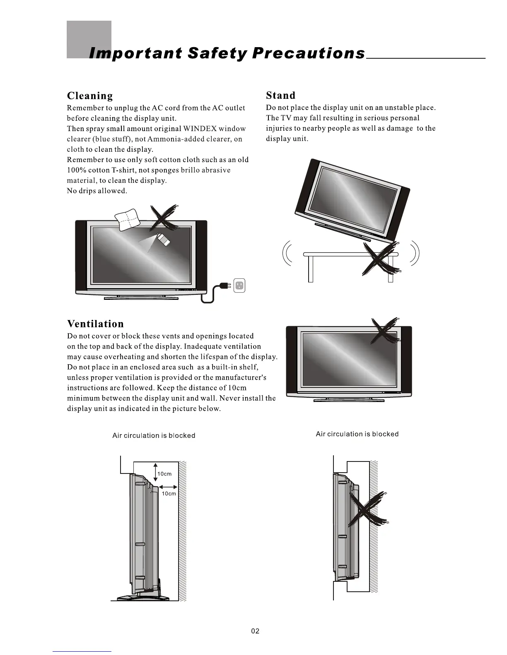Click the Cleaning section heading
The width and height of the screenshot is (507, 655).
point(90,96)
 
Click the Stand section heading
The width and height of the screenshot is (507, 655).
point(280,96)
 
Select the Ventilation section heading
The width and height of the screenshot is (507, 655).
point(95,324)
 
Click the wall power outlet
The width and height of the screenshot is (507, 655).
point(239,285)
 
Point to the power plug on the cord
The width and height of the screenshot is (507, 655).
point(224,286)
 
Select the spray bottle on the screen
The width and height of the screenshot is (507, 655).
point(164,239)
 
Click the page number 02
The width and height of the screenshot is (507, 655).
point(255,631)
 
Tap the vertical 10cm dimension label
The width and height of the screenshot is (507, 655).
point(164,474)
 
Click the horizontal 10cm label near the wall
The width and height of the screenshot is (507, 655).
point(169,493)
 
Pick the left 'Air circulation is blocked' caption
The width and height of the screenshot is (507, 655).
point(154,435)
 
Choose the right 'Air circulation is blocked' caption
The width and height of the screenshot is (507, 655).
point(357,434)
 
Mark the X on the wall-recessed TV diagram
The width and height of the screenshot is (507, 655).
point(368,511)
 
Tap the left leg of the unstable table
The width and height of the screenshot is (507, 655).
point(311,268)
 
